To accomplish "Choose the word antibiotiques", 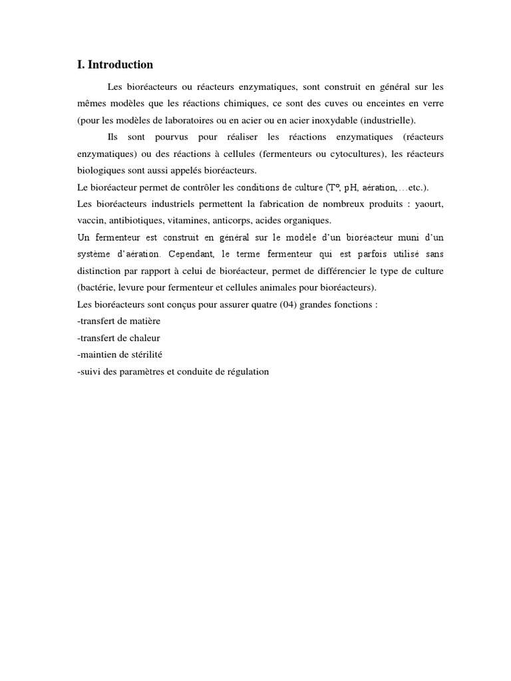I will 138,221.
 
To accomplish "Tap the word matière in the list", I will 145,321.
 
